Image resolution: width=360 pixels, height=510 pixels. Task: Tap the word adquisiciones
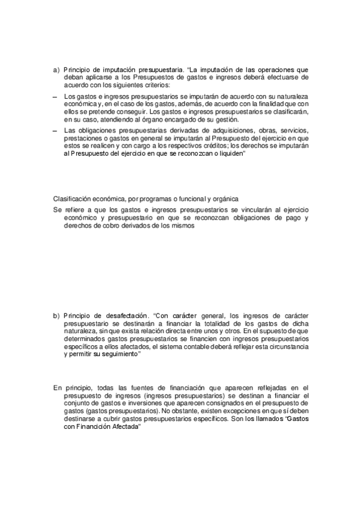[228, 132]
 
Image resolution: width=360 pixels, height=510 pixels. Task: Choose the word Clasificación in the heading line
[72, 199]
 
